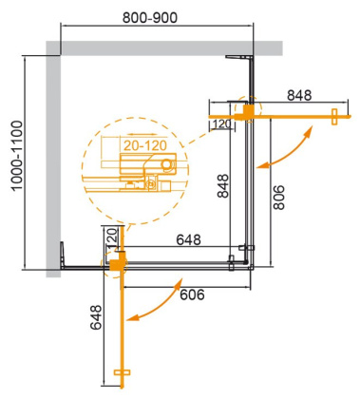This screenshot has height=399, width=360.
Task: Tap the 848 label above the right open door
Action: pos(301,95)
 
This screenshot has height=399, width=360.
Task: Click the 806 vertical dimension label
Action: pos(278,195)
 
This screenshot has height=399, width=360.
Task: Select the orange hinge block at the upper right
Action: pos(248,112)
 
